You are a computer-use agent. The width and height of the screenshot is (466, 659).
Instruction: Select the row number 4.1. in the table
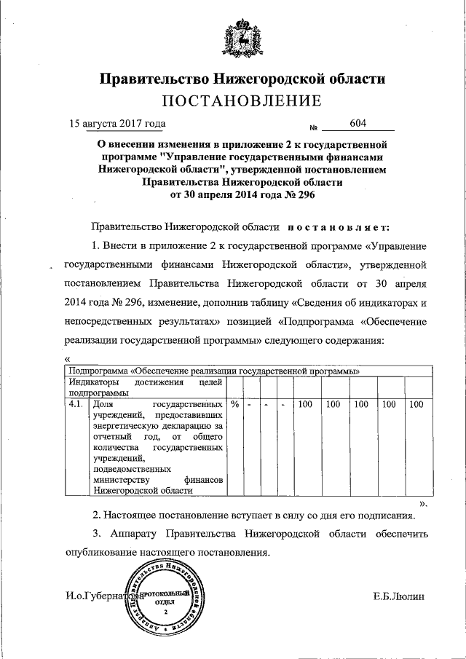75,404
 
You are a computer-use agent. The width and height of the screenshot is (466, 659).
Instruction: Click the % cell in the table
234,404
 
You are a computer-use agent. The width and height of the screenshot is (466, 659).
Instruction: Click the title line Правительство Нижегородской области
241,78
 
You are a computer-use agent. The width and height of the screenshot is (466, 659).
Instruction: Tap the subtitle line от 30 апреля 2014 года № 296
241,195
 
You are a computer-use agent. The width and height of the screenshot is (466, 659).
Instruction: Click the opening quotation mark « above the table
66,358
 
